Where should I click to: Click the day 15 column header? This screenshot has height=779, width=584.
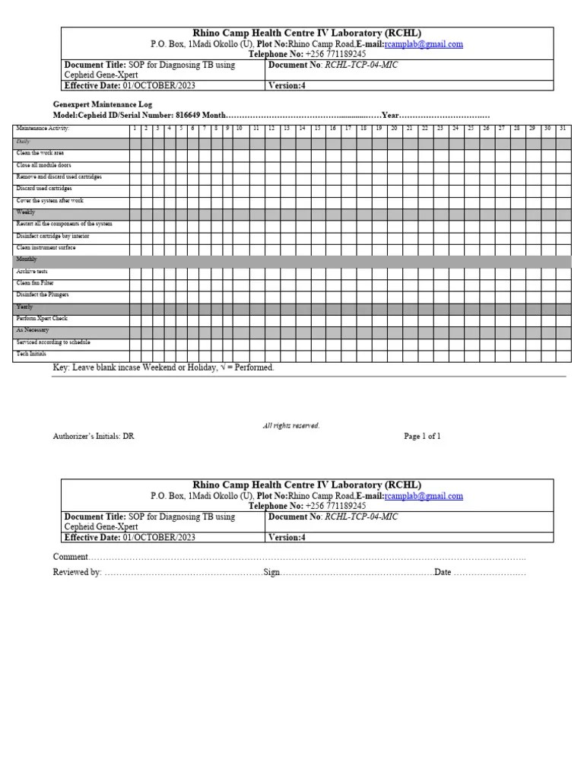317,129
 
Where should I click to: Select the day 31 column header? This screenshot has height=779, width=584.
562,129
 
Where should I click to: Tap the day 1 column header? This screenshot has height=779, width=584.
135,129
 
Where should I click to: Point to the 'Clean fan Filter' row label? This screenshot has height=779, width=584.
36,283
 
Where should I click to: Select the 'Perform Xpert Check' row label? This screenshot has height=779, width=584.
42,319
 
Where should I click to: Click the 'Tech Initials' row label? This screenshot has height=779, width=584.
32,355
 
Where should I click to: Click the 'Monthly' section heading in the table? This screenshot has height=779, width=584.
27,259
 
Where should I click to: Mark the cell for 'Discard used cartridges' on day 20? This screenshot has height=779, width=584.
394,188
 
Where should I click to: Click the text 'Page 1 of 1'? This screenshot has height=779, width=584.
422,437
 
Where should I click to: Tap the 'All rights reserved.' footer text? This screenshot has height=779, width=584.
291,425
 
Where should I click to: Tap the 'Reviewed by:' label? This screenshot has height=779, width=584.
77,572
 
